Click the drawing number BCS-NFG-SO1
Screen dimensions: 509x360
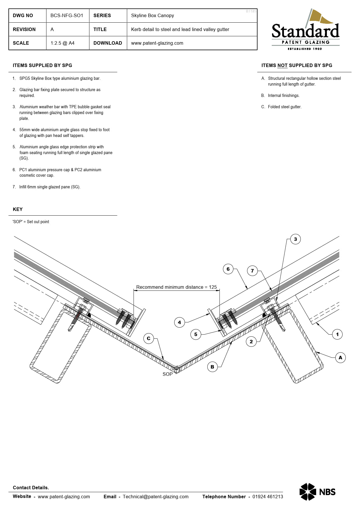(67, 15)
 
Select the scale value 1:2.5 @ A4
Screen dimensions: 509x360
(62, 43)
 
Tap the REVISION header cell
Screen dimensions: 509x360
(24, 29)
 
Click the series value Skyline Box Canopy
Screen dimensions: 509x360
(152, 15)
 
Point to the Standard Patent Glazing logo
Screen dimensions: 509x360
(305, 30)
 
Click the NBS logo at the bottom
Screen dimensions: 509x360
(317, 492)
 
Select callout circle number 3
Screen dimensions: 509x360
(295, 239)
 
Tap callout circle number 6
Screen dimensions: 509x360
(228, 269)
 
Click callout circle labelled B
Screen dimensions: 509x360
(212, 367)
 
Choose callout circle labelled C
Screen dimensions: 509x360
(148, 338)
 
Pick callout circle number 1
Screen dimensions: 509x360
(337, 334)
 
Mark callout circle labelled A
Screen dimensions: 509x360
(340, 358)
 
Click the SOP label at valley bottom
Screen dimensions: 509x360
(168, 374)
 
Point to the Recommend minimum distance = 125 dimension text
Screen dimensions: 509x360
(177, 287)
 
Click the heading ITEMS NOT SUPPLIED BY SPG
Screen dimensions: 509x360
(297, 65)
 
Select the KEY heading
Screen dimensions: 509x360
(18, 209)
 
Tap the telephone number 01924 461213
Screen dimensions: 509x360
(267, 497)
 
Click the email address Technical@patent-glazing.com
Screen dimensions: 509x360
(156, 497)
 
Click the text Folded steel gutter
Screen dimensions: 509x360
(285, 107)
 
